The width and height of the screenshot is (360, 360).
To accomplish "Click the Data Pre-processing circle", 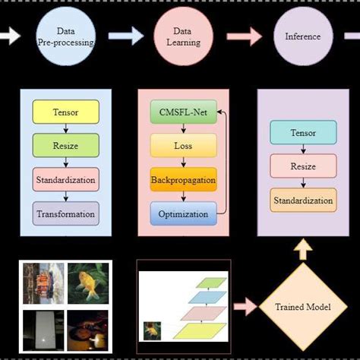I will click(x=65, y=37).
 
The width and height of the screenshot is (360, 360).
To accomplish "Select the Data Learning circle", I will click(x=183, y=37).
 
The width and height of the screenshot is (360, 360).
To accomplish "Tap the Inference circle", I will click(x=302, y=36).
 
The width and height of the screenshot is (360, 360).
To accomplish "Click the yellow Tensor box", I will click(x=65, y=113).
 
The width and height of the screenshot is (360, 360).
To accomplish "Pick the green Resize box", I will click(x=65, y=146).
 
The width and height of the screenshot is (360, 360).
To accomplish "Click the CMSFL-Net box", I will click(x=182, y=113).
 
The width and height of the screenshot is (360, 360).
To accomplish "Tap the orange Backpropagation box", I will click(x=182, y=180).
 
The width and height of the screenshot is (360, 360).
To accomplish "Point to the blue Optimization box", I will click(x=182, y=213).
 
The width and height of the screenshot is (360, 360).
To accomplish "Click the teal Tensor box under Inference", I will click(x=303, y=134).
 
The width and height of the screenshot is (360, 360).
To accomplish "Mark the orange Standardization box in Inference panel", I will click(x=303, y=201).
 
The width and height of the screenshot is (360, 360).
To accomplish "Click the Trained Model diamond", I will click(x=303, y=308).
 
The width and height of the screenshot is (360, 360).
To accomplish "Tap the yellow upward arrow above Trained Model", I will click(x=303, y=250).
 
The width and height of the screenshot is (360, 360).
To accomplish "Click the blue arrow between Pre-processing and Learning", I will click(x=125, y=36).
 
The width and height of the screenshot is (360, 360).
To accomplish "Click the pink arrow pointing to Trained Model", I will click(x=246, y=308).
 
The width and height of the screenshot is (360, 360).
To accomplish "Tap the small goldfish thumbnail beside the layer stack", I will click(x=153, y=330).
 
